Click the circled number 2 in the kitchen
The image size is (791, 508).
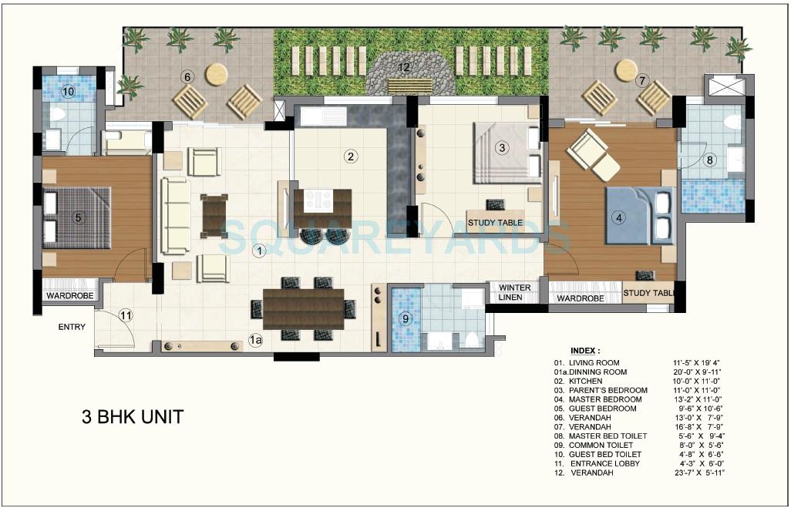[351, 156]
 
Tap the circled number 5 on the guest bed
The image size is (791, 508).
[78, 217]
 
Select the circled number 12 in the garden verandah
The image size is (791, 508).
[403, 67]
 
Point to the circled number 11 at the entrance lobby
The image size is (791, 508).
[126, 315]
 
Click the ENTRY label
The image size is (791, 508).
[72, 327]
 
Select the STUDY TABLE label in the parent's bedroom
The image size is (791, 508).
[495, 223]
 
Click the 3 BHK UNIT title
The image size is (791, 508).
[133, 417]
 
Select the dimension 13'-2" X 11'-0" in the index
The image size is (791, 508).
[698, 399]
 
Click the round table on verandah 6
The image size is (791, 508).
[217, 73]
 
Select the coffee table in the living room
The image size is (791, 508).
[215, 216]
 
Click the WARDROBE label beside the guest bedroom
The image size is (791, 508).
[69, 295]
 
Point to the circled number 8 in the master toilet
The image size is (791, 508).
[711, 160]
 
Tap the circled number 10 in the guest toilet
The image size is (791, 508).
[68, 92]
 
